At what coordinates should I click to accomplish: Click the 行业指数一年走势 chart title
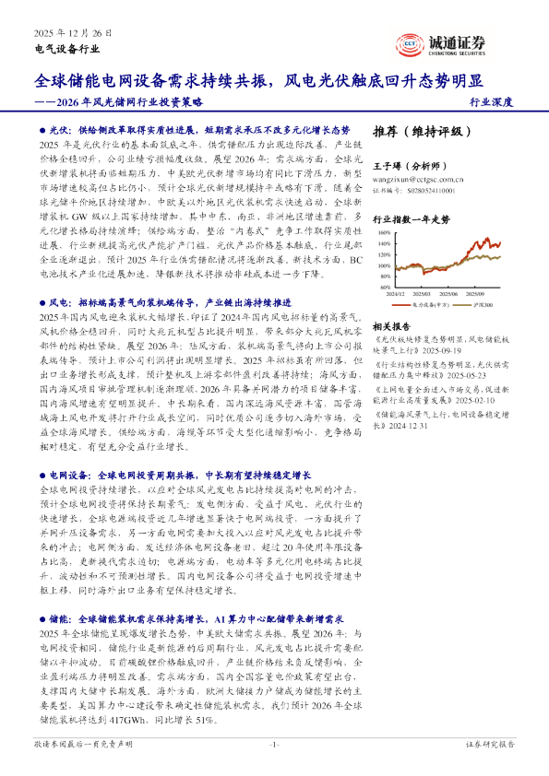(411, 219)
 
